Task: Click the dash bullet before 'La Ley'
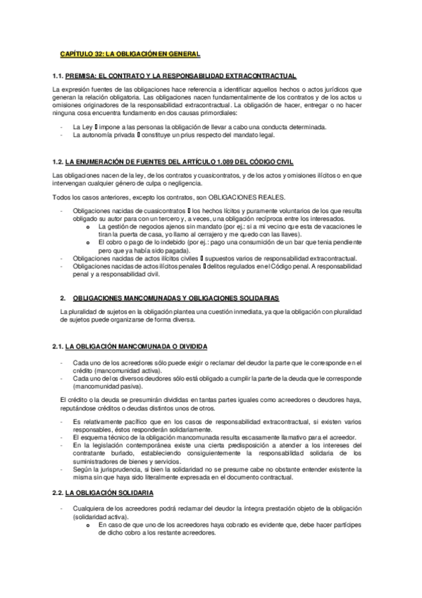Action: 62,126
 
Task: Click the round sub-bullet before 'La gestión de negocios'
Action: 87,227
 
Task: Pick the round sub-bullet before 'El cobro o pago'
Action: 87,243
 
